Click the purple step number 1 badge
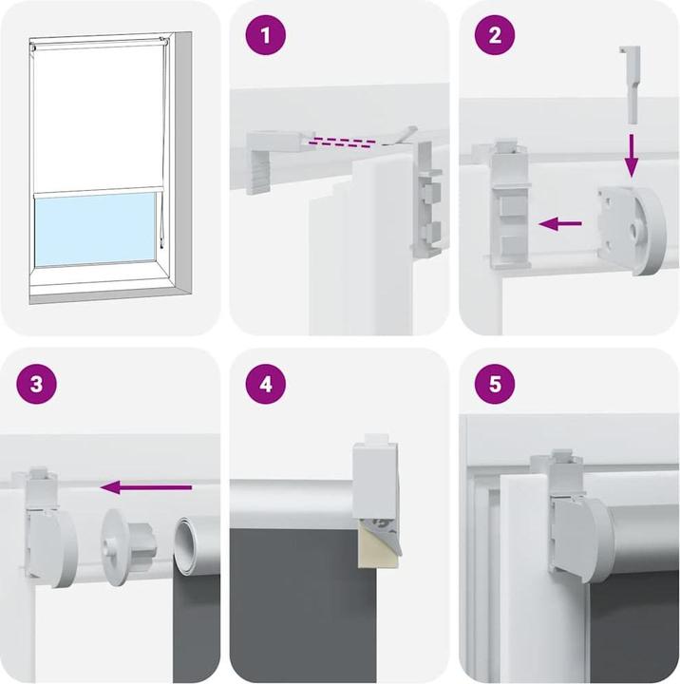pos(266,35)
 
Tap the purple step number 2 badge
pos(495,35)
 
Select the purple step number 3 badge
pos(37,385)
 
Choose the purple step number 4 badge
pos(266,385)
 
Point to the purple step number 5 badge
pos(495,385)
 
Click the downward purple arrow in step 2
pos(631,155)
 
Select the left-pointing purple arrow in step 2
pos(560,224)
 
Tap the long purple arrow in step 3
pos(146,487)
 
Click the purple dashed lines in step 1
pos(342,142)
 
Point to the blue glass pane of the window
pos(95,229)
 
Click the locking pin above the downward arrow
pos(630,85)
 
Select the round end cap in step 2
pos(632,230)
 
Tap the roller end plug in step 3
pos(123,546)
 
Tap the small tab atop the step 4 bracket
pos(376,438)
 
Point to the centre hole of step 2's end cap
pos(634,230)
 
